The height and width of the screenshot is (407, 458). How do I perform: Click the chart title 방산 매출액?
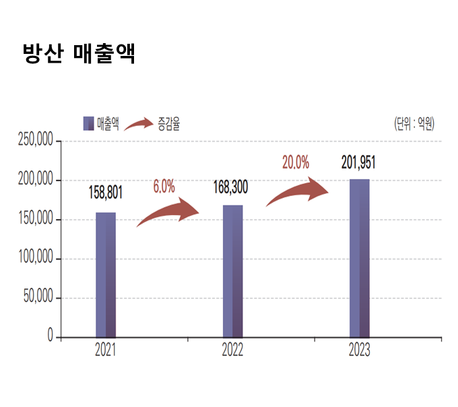[79, 53]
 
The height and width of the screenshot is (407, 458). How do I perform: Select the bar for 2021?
[105, 274]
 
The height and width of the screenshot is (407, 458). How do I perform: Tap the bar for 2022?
[232, 271]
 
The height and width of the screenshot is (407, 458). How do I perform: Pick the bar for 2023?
[359, 258]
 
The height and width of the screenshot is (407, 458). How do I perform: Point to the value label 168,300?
[230, 187]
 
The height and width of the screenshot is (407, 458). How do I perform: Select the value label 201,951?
[358, 162]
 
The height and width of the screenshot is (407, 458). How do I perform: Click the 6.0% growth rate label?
[164, 187]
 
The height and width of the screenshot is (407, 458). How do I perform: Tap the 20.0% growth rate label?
[296, 162]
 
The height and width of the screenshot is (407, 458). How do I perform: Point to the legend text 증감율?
[168, 123]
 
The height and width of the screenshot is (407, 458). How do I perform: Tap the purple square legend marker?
[88, 123]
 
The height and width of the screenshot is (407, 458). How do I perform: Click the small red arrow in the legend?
[138, 123]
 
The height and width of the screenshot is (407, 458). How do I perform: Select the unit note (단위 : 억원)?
[414, 123]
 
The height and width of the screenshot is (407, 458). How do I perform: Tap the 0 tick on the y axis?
[50, 336]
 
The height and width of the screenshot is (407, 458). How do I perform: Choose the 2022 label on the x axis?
[232, 350]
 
